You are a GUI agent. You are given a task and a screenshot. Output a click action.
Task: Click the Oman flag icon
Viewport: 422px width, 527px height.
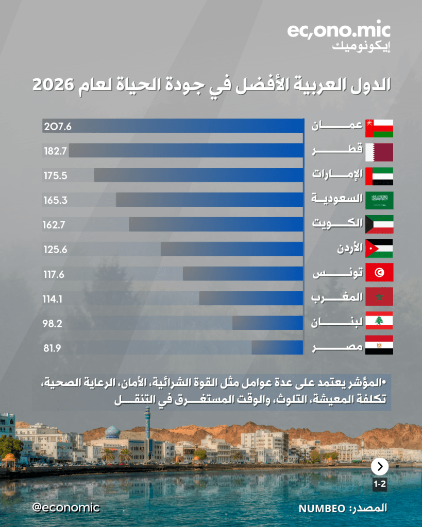[x=379, y=128]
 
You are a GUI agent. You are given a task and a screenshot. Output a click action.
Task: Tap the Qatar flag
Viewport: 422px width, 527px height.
[x=379, y=152]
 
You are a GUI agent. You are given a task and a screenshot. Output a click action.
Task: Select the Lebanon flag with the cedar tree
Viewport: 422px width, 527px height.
[x=379, y=321]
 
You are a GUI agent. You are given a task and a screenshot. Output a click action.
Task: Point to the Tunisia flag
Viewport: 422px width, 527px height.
[x=379, y=272]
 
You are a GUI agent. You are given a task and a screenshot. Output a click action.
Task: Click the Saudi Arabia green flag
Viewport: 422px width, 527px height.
[x=379, y=200]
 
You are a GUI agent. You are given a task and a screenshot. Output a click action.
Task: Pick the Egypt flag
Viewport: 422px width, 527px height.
[x=379, y=345]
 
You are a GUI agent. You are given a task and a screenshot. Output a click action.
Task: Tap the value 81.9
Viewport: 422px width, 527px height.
[x=53, y=348]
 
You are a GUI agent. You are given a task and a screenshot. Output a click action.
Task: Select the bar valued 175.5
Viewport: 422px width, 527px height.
[x=198, y=175]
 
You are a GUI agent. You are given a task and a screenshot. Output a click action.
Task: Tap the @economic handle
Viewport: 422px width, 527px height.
[x=65, y=507]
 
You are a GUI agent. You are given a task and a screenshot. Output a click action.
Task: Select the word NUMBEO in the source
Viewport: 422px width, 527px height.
[x=321, y=508]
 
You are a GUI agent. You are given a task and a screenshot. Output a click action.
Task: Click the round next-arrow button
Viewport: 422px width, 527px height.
[x=380, y=467]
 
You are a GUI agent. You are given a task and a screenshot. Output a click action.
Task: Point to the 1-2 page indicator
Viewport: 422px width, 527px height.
[x=380, y=484]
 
